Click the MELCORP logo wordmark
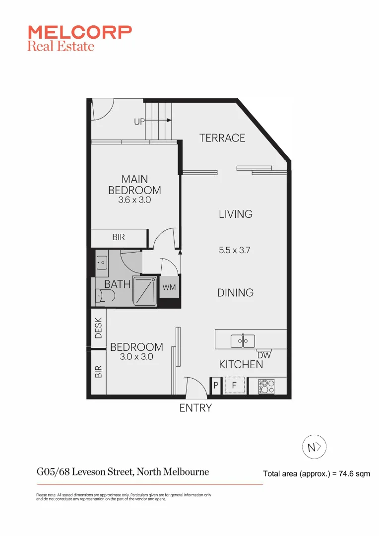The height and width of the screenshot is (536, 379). [79, 32]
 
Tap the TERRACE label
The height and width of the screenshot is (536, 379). [222, 138]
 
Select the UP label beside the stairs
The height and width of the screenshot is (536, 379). [139, 121]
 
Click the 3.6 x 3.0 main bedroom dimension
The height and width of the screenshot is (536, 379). [134, 201]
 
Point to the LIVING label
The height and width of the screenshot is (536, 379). [236, 214]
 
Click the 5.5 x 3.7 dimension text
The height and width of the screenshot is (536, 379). [234, 251]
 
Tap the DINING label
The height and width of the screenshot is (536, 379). [235, 293]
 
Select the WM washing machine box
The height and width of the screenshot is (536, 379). [169, 287]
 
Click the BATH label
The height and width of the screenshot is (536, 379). [118, 284]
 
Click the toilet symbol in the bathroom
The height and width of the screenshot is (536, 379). [106, 297]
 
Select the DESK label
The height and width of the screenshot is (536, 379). [98, 328]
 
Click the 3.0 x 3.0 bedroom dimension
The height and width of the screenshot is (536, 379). [136, 357]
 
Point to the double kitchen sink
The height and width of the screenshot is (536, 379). [243, 341]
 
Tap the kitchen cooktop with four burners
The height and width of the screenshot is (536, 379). [266, 386]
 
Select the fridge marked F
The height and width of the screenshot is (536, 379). [234, 385]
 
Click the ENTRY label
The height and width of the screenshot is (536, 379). [195, 408]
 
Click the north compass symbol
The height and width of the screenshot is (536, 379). [315, 448]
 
